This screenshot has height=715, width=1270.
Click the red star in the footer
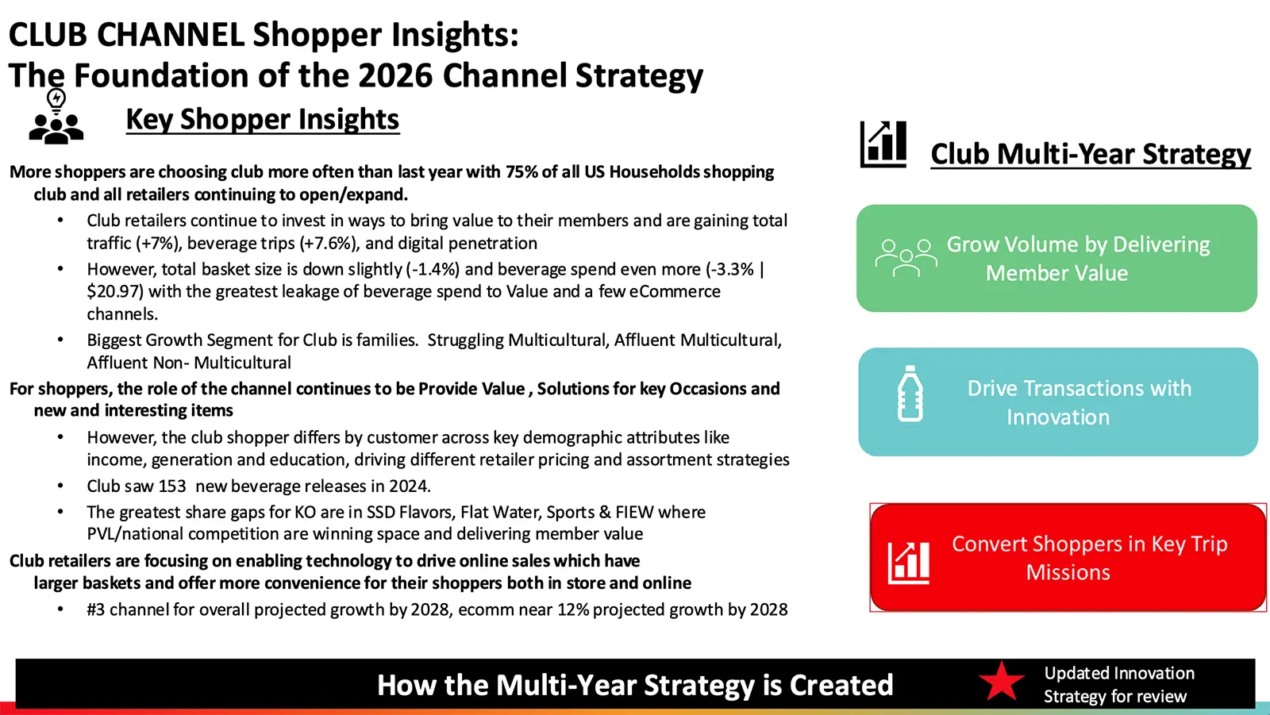[1001, 682]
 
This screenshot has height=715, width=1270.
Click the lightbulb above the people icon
[56, 100]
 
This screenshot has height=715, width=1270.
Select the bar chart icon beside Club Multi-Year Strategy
[883, 144]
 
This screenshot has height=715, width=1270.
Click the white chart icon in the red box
[908, 563]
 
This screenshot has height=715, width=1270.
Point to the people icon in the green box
[906, 257]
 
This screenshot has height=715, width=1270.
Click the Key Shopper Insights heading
[263, 120]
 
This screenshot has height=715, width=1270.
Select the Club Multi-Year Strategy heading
[1091, 154]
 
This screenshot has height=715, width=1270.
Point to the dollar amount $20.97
[115, 291]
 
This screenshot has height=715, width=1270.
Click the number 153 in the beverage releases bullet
[171, 486]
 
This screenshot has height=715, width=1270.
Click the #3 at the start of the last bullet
[96, 609]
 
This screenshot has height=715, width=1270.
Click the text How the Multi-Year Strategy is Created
[635, 684]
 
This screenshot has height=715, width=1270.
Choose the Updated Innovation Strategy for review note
[1119, 684]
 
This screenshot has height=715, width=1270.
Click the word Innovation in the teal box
[1058, 417]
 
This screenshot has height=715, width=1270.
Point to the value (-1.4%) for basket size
[433, 269]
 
